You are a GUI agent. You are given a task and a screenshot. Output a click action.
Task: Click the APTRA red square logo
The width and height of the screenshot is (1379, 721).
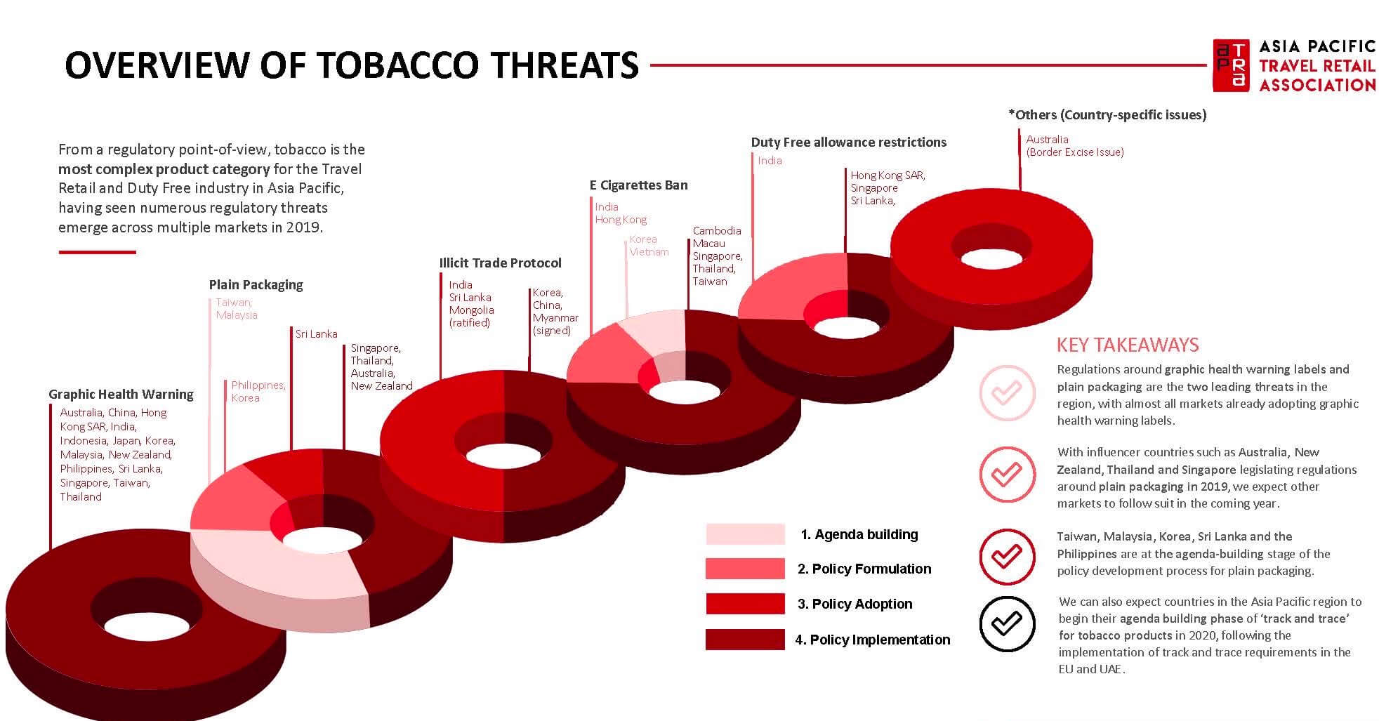pos(1232,65)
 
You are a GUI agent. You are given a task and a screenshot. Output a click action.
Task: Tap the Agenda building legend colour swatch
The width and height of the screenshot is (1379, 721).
pos(745,534)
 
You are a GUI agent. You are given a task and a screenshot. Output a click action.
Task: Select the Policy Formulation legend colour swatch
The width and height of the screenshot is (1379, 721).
pos(745,569)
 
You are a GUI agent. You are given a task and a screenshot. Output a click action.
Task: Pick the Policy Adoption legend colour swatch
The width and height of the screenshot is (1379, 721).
pos(745,604)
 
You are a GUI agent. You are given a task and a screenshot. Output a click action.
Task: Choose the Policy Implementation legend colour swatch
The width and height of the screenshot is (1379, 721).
pos(745,640)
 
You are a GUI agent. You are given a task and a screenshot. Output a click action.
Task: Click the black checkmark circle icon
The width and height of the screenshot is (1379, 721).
pos(1007,624)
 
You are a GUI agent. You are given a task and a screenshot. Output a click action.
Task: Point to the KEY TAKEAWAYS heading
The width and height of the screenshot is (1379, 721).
pos(1128,345)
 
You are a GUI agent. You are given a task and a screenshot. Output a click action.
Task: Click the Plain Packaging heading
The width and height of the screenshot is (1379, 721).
pos(256,285)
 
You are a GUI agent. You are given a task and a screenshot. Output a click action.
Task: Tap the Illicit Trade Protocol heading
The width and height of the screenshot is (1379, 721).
pos(500,263)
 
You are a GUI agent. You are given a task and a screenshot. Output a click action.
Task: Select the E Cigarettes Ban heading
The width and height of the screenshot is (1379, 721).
pos(638,185)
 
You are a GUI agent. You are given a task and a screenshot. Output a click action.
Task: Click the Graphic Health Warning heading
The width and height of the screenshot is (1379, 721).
pos(121,395)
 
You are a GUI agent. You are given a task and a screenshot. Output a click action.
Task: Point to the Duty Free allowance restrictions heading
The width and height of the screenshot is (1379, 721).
pos(848,143)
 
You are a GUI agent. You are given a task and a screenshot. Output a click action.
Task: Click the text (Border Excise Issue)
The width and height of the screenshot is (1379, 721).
pos(1075,152)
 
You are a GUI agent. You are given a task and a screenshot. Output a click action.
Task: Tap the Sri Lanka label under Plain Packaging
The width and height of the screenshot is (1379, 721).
pos(316,334)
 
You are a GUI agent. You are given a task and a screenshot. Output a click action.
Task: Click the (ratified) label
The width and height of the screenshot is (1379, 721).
pos(470,323)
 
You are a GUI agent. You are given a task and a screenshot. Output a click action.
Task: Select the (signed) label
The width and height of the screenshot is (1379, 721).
pos(552,331)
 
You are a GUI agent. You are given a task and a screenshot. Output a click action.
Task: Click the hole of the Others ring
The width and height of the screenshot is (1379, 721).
pos(991,258)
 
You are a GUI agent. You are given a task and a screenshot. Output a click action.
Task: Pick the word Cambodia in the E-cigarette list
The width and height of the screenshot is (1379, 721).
pos(717,231)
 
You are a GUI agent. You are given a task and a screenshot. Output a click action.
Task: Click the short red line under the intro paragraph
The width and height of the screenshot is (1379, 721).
pos(97,252)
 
